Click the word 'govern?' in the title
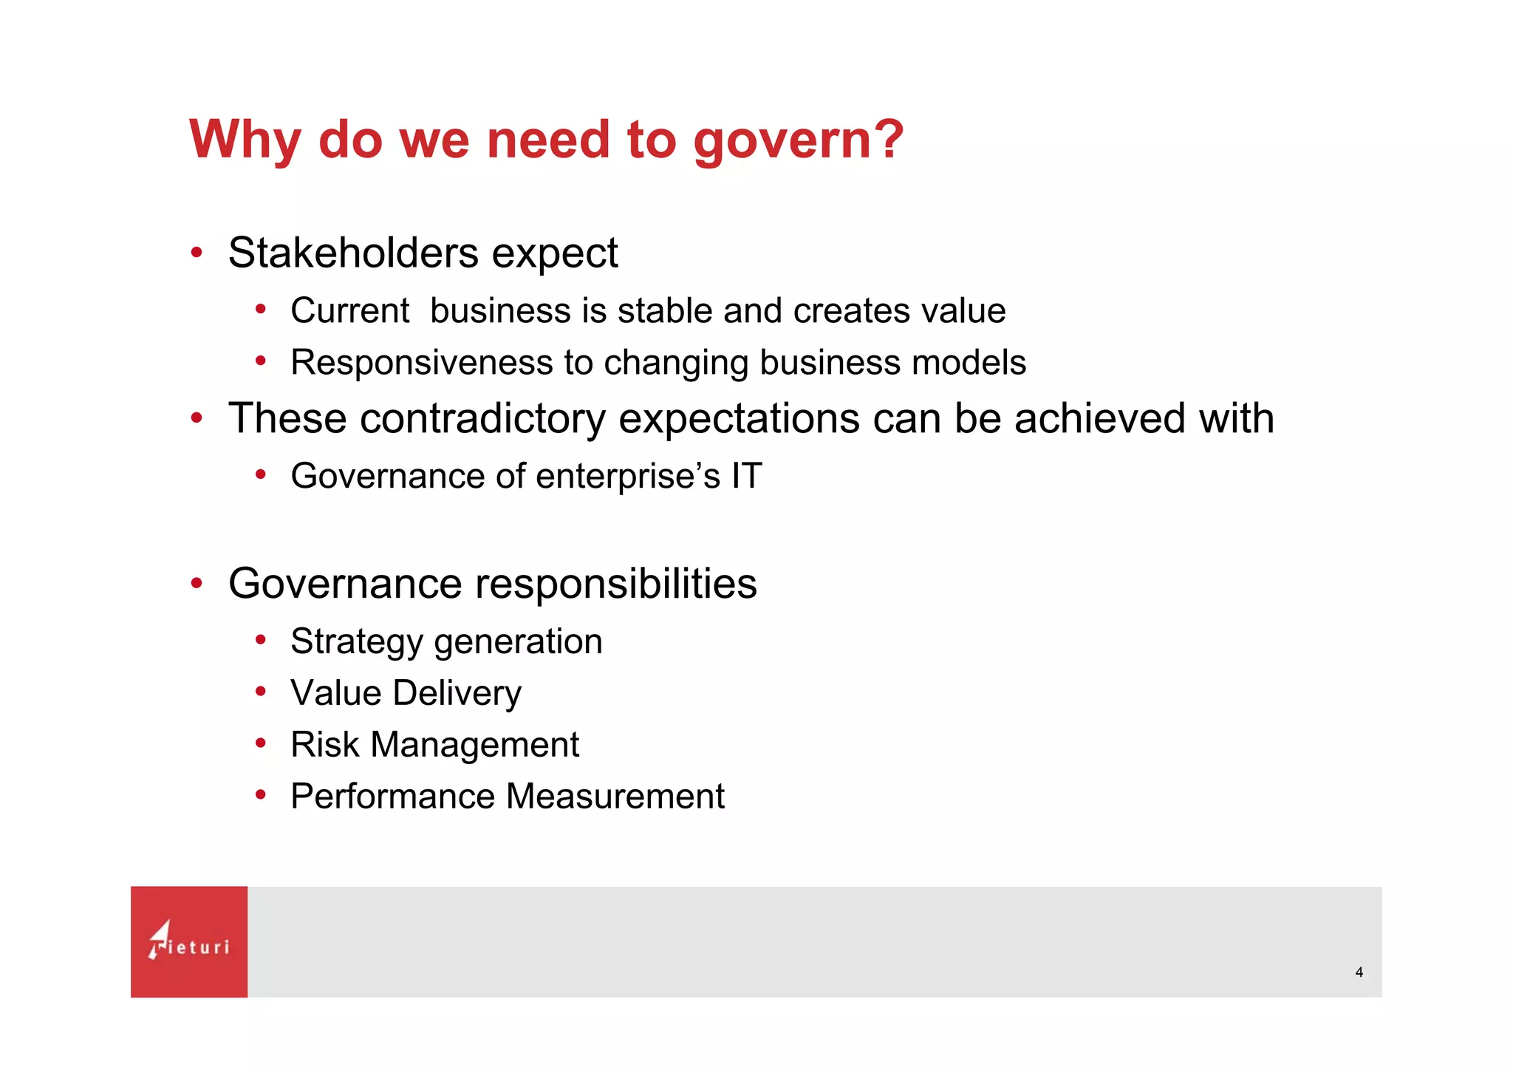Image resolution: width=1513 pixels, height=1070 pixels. click(x=798, y=140)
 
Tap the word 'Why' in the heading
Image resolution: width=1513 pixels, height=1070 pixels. click(x=245, y=140)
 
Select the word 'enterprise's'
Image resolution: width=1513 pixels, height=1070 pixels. click(x=627, y=476)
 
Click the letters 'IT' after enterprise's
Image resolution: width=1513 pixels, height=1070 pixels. click(x=746, y=476)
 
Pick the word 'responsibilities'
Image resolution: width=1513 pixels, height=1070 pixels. click(x=615, y=584)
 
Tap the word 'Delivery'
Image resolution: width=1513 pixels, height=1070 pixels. click(x=457, y=693)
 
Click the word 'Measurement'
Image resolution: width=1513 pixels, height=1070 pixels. click(x=615, y=797)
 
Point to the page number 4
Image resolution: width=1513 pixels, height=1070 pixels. click(x=1359, y=972)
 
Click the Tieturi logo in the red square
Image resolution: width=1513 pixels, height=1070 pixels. click(x=189, y=941)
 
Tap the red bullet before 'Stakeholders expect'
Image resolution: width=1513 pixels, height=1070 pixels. click(x=197, y=253)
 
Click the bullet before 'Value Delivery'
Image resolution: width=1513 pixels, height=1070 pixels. click(x=260, y=692)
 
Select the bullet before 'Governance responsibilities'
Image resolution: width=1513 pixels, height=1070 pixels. click(x=197, y=584)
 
